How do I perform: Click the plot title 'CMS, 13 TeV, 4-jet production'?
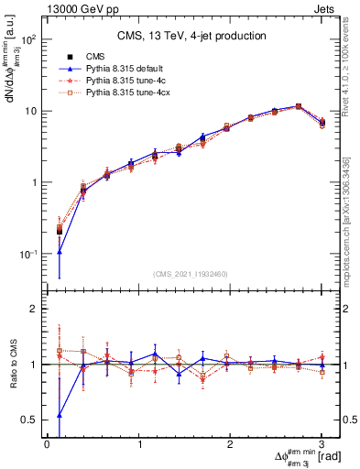pos(191,36)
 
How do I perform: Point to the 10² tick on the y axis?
pos(27,40)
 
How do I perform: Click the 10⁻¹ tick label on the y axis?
pos(27,254)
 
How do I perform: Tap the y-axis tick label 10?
pos(29,112)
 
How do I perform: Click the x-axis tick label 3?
pos(322,444)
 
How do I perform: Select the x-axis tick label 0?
pos(47,444)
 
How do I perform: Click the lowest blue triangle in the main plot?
pos(60,251)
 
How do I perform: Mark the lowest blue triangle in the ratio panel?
pos(60,415)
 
